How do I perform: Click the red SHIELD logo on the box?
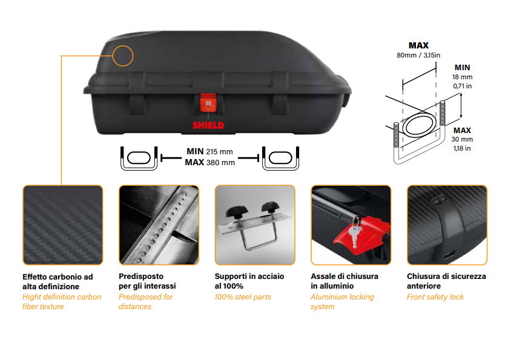(x=208, y=126)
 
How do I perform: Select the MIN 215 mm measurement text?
(x=209, y=151)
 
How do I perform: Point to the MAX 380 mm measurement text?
(x=209, y=162)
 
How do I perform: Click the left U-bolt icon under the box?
(x=139, y=157)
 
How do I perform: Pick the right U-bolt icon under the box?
(x=280, y=157)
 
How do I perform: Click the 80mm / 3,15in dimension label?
(x=418, y=55)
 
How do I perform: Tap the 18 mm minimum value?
(x=463, y=77)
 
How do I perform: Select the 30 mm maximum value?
(x=463, y=139)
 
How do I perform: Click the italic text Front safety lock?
(x=435, y=297)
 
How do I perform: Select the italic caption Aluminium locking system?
(x=342, y=302)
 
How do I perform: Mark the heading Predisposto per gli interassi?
(x=147, y=281)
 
